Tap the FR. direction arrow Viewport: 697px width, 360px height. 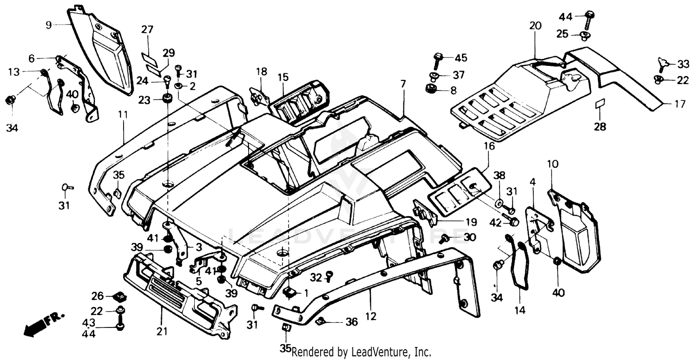(x=43, y=323)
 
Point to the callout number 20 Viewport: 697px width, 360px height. (x=535, y=26)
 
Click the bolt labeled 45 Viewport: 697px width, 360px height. (x=438, y=59)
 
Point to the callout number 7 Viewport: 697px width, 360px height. (x=402, y=84)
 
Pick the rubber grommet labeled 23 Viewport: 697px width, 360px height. (x=166, y=99)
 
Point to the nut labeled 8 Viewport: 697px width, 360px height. (x=430, y=88)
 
